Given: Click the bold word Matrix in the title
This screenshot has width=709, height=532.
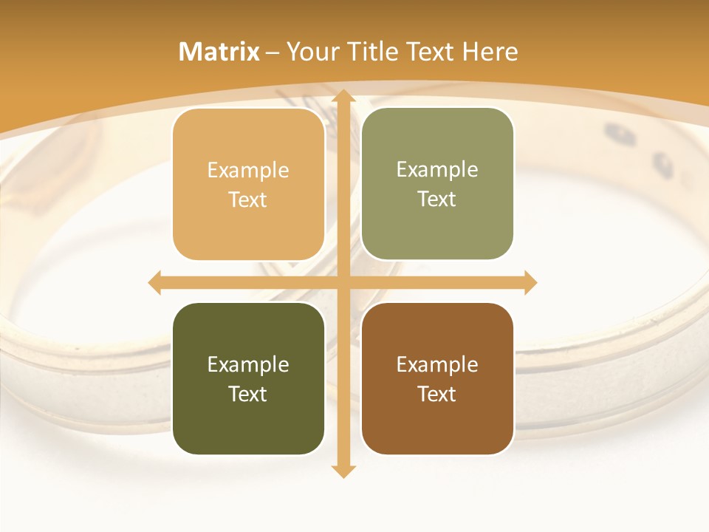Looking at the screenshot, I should pyautogui.click(x=219, y=52).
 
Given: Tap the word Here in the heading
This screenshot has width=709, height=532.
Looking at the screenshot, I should pyautogui.click(x=490, y=52).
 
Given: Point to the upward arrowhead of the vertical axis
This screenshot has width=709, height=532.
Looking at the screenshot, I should pyautogui.click(x=343, y=97).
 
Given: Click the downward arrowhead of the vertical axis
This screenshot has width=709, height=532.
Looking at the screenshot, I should pyautogui.click(x=343, y=471).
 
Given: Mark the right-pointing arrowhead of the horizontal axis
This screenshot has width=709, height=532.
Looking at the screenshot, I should pyautogui.click(x=530, y=283).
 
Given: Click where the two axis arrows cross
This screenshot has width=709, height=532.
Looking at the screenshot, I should pyautogui.click(x=343, y=283).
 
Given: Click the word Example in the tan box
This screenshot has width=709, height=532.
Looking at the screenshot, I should pyautogui.click(x=248, y=171).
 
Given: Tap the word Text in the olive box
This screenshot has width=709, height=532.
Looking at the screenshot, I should pyautogui.click(x=437, y=199).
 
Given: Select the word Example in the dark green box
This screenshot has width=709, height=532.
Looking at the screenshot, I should pyautogui.click(x=248, y=364).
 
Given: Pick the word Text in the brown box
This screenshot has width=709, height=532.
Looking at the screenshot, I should pyautogui.click(x=437, y=394).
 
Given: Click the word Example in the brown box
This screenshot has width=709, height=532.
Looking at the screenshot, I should pyautogui.click(x=437, y=364).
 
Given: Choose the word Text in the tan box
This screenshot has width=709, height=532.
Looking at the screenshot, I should pyautogui.click(x=248, y=200).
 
